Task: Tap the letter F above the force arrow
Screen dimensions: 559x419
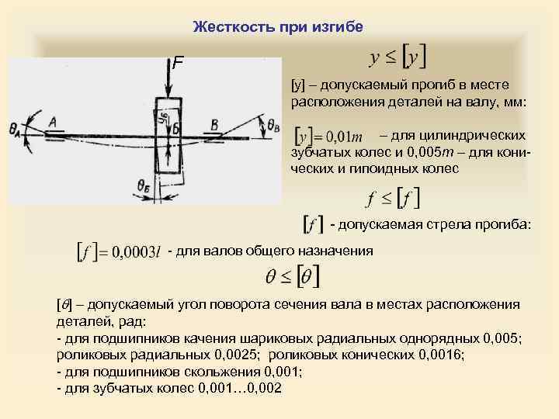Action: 178,63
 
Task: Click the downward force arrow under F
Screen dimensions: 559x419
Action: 168,81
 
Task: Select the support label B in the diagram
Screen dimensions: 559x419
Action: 214,125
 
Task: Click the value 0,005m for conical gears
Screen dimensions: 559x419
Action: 422,152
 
